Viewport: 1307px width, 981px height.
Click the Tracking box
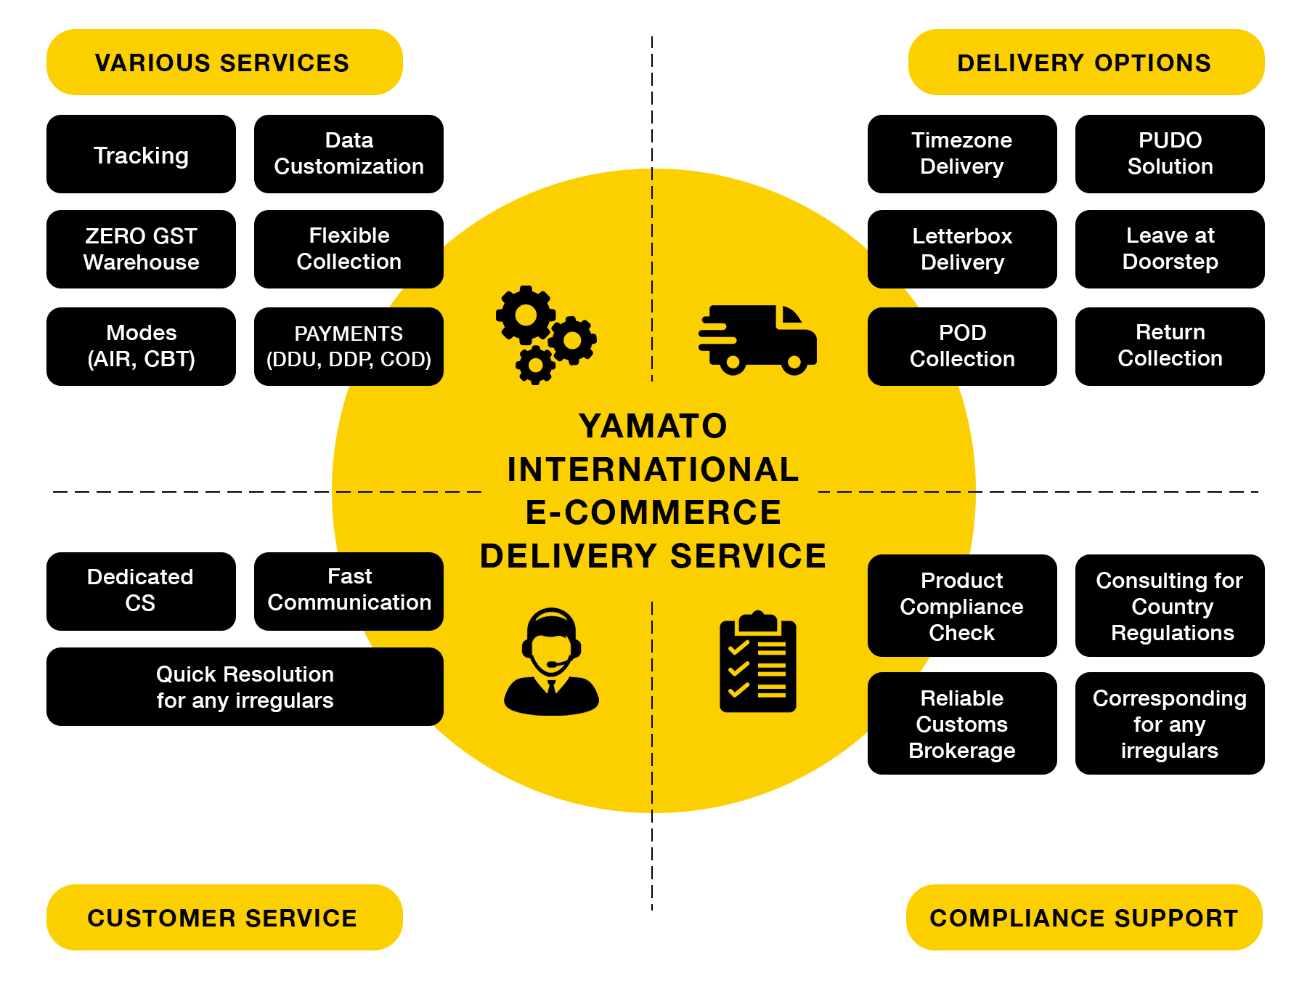[141, 154]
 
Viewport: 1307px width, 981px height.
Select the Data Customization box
[349, 154]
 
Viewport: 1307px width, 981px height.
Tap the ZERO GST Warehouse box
[141, 249]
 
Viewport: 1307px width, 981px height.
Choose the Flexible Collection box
[349, 249]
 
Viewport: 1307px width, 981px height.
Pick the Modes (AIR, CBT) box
[141, 347]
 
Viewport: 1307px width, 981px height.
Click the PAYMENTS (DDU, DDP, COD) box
[349, 347]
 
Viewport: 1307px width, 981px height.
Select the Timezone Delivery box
[962, 154]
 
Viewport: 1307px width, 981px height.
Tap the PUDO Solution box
[1170, 154]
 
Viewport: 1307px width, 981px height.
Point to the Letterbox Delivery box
[962, 249]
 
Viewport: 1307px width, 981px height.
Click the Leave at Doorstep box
[1170, 249]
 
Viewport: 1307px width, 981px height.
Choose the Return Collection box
[1170, 347]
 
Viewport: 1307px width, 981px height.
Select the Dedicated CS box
[141, 592]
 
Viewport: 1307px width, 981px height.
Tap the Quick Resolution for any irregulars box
[245, 687]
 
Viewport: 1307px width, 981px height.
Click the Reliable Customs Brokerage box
[962, 723]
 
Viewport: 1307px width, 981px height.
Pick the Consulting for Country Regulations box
[1170, 605]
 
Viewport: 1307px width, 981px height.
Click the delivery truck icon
[758, 340]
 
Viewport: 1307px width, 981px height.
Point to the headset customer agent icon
[551, 661]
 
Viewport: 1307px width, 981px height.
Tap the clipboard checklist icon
[758, 661]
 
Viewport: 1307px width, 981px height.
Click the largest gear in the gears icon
[526, 315]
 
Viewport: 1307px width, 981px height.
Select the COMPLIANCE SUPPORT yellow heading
[1084, 917]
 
